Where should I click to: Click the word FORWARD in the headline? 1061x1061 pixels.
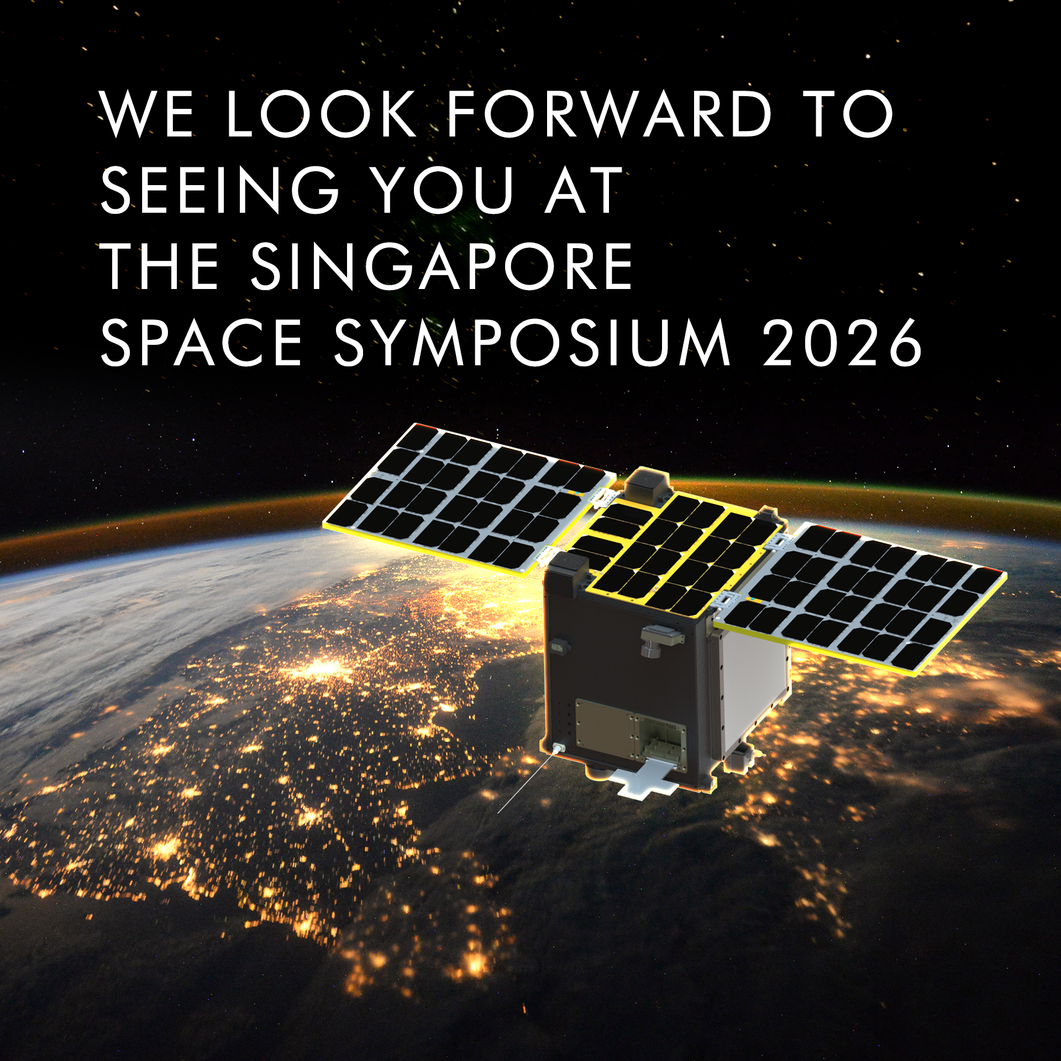pyautogui.click(x=609, y=114)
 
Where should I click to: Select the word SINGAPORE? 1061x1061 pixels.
pyautogui.click(x=442, y=266)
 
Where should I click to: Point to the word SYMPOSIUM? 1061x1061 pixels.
pyautogui.click(x=533, y=343)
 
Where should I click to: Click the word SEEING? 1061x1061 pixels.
pyautogui.click(x=219, y=190)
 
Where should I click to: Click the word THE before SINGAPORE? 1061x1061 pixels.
pyautogui.click(x=159, y=266)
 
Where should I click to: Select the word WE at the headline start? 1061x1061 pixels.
pyautogui.click(x=147, y=114)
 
